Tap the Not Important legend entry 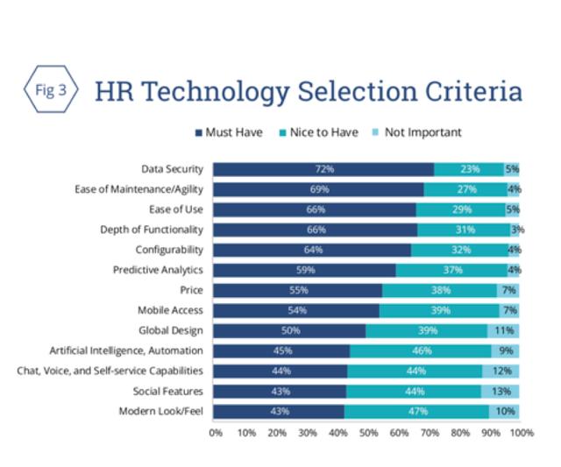[421, 132]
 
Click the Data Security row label [173, 169]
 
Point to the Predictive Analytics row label [159, 270]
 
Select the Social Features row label [168, 391]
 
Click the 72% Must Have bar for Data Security [324, 169]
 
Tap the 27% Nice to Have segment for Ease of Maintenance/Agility [465, 189]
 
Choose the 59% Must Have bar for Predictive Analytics [304, 270]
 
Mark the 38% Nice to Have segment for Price [440, 290]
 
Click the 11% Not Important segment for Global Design [503, 330]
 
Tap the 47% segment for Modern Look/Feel [417, 411]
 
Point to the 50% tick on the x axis [368, 432]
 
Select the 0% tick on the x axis [216, 432]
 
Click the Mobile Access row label [170, 310]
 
